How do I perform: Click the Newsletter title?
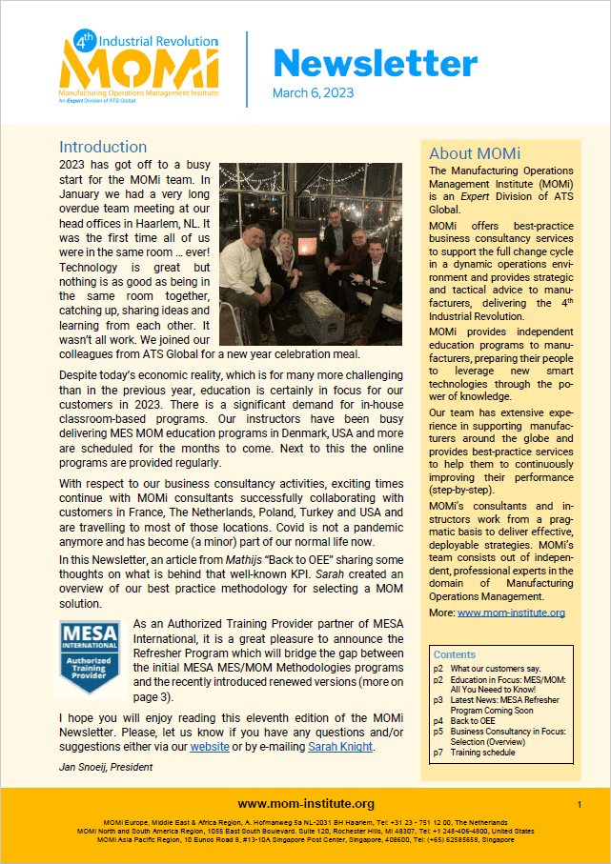(x=376, y=64)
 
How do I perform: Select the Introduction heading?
(x=103, y=148)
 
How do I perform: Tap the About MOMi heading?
(x=474, y=153)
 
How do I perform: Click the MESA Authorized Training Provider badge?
(x=91, y=658)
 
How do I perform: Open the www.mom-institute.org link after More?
(x=511, y=613)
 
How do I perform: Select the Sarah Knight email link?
(x=340, y=747)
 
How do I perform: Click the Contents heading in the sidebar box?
(x=454, y=655)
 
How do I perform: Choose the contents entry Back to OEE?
(x=474, y=721)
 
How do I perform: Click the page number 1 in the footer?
(x=580, y=805)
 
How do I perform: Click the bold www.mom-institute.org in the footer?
(x=305, y=804)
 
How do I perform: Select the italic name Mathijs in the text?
(x=236, y=559)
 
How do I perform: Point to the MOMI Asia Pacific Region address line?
(x=305, y=840)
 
